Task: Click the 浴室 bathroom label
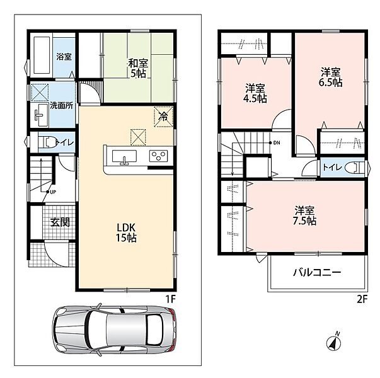click(64, 57)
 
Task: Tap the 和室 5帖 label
click(138, 68)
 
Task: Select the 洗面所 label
click(62, 106)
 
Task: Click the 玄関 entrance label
click(60, 222)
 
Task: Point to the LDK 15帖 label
click(126, 232)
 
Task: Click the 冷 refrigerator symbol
click(163, 117)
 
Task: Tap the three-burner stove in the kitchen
click(159, 156)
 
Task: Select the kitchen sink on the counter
click(124, 157)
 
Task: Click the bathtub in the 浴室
click(42, 55)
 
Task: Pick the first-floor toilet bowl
click(47, 142)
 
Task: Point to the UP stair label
click(53, 192)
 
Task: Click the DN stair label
click(277, 143)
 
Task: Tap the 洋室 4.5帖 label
click(255, 93)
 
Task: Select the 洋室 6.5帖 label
click(331, 77)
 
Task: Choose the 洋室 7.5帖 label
click(304, 216)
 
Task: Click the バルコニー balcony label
click(317, 273)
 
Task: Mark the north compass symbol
click(334, 341)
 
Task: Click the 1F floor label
click(170, 299)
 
